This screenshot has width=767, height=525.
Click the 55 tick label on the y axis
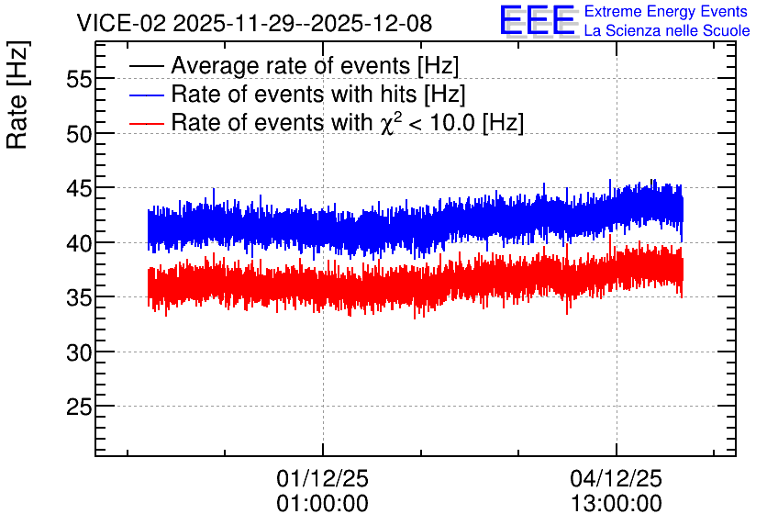point(79,79)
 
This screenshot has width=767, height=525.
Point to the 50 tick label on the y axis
point(79,134)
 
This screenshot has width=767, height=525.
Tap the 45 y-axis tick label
point(79,188)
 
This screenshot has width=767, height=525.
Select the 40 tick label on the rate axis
point(79,242)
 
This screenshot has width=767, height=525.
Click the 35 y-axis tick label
point(79,297)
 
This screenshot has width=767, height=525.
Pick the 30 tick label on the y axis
point(79,352)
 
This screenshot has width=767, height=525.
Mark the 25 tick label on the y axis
point(79,407)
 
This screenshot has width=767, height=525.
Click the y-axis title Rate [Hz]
point(17,95)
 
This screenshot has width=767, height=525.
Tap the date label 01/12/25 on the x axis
point(322,478)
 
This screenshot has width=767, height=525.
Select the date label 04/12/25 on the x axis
point(616,478)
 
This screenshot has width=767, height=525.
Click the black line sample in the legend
point(146,66)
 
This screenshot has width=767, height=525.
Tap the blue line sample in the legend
point(146,95)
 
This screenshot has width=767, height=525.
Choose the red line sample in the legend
point(146,123)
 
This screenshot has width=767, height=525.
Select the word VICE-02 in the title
point(122,23)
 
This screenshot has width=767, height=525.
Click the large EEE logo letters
point(538,21)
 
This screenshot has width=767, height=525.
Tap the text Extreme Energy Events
point(666,11)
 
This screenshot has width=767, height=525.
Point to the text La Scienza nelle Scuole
point(667,30)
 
